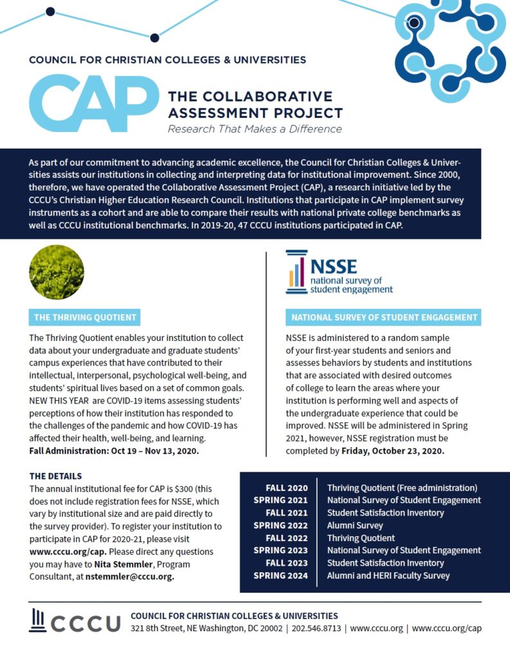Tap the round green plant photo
coord(57,272)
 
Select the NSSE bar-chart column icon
coord(297,271)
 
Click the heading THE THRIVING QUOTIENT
coord(85,317)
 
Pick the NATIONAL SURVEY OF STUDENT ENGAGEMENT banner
coord(384,317)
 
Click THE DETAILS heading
coord(56,476)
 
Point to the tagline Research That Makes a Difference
coord(254,129)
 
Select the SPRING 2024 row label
coord(280,575)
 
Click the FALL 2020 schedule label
coord(287,488)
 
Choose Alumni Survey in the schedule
coord(355,525)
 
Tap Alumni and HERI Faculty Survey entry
coord(388,575)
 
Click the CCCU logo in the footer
coord(75,622)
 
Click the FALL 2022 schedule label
coord(287,538)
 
